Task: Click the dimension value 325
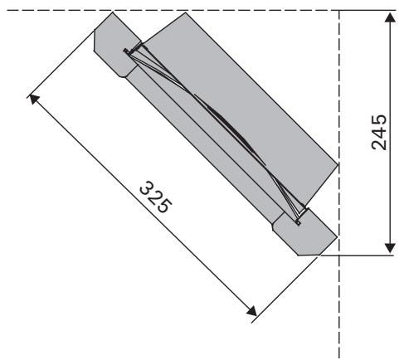coord(156,197)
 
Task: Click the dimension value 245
coord(379,132)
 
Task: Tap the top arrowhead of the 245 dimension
coord(390,17)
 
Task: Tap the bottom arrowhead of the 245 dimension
coord(390,248)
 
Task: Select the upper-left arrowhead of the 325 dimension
coord(34,99)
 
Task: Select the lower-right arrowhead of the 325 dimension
coord(251,311)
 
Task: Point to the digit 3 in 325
coord(148,188)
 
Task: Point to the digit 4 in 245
coord(379,132)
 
